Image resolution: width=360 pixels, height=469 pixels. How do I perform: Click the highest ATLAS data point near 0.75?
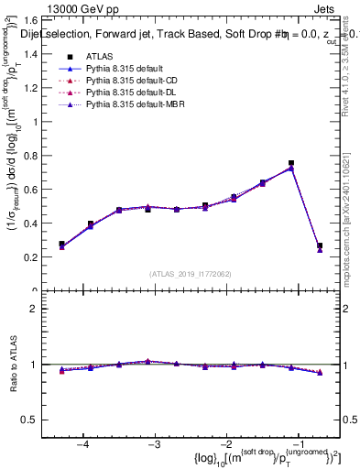click(291, 163)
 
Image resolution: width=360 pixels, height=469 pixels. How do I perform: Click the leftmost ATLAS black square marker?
click(62, 245)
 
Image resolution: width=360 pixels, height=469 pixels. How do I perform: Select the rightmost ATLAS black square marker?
click(320, 245)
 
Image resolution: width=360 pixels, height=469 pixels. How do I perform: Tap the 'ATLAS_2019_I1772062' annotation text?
click(191, 274)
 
